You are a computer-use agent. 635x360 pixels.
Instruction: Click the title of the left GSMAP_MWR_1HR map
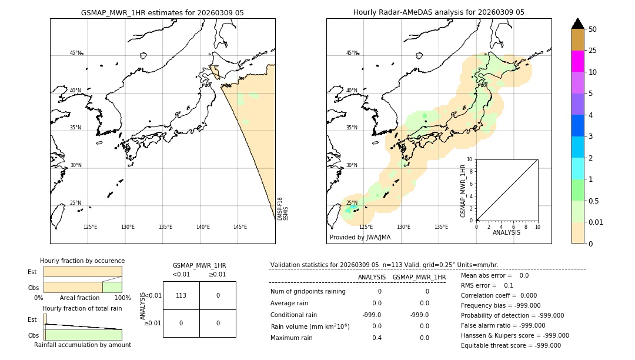(162, 12)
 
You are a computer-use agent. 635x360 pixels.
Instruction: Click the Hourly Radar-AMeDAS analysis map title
(439, 12)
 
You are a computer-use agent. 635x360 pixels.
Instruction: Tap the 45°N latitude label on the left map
(75, 53)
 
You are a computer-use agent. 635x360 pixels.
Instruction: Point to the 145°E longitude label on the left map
(240, 227)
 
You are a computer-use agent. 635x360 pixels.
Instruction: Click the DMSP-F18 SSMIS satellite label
(282, 209)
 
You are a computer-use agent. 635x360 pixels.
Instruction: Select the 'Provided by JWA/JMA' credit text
(360, 238)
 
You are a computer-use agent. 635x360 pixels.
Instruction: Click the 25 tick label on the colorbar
(593, 51)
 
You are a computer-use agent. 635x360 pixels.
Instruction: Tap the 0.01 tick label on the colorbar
(596, 222)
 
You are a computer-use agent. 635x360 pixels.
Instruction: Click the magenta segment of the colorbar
(577, 61)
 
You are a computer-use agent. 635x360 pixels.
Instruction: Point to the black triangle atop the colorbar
(577, 24)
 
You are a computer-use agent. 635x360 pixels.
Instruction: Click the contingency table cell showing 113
(181, 295)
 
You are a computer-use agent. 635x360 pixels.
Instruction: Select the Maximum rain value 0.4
(376, 338)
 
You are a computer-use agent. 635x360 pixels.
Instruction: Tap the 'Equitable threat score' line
(510, 345)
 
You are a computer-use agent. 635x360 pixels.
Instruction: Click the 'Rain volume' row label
(310, 326)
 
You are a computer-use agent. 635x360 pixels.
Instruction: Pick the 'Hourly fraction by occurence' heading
(82, 261)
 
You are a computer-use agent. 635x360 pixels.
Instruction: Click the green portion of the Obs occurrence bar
(112, 287)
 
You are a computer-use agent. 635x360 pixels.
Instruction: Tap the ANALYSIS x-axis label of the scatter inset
(506, 232)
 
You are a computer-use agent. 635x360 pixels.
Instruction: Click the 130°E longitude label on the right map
(403, 227)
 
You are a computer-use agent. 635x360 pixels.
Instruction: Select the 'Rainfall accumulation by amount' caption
(82, 345)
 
